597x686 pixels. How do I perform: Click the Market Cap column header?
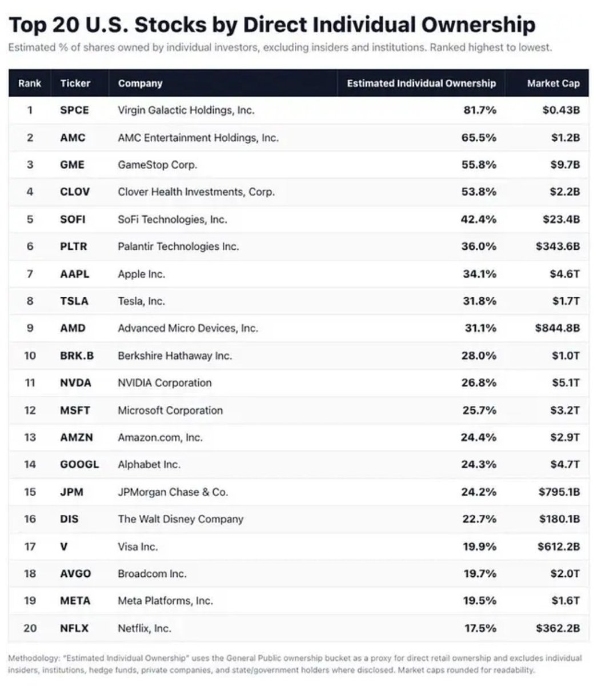[553, 83]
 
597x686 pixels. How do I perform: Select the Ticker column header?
[75, 83]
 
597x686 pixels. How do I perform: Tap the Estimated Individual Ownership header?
[421, 83]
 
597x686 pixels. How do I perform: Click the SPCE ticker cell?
[74, 110]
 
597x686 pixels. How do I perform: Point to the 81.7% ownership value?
[480, 110]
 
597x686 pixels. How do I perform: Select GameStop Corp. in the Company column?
[158, 165]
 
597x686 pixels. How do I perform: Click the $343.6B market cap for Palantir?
[558, 246]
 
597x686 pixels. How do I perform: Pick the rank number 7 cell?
[30, 274]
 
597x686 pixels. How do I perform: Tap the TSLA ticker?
[74, 301]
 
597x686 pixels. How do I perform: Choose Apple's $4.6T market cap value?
[565, 274]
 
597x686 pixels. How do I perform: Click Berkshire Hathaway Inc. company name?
[175, 356]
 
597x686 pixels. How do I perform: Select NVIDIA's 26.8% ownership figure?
[479, 382]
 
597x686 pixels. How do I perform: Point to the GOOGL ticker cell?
[79, 464]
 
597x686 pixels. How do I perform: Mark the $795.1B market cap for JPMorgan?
[559, 492]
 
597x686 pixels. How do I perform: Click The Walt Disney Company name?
[181, 519]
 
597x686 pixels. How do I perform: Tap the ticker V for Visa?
[63, 547]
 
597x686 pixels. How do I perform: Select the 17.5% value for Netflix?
[480, 628]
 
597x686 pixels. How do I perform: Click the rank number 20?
[30, 628]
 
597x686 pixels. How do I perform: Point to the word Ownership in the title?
[478, 25]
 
